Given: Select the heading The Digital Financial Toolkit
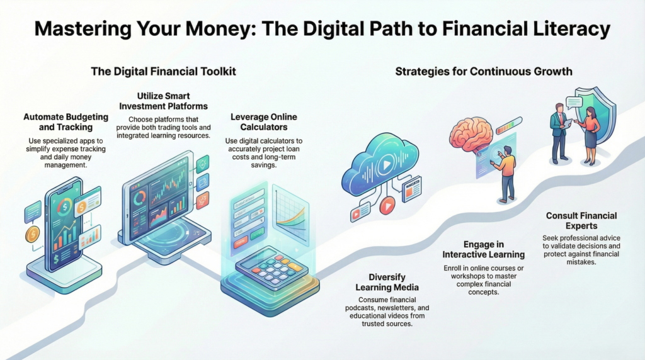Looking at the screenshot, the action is point(163,72).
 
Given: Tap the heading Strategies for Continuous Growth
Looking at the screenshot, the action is point(484,72).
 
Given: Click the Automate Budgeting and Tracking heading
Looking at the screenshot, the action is point(66,122).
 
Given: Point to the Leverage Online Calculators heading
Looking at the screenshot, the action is point(264,122).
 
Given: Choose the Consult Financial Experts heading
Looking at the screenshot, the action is point(581,221).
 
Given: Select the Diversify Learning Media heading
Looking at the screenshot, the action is point(387,283).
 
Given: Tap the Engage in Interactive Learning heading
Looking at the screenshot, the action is point(484,249).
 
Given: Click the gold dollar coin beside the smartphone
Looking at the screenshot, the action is point(32,234).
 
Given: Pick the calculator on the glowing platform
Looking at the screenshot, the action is point(271,267).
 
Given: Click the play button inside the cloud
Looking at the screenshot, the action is point(386,165).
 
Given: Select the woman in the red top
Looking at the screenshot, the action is point(588,135).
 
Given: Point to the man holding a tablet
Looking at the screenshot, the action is point(560,132).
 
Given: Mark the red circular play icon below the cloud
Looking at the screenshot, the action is point(387,205).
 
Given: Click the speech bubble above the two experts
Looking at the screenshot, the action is point(574,102).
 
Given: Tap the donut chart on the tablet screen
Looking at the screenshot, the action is point(140,198).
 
